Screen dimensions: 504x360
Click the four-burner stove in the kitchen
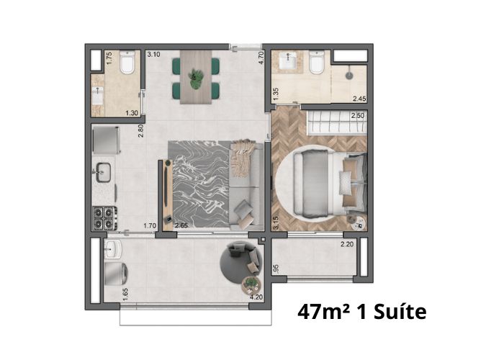click(104, 218)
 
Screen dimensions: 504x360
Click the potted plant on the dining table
click(196, 78)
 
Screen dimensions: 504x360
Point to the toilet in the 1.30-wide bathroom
click(127, 63)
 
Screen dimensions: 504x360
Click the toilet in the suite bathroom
click(317, 63)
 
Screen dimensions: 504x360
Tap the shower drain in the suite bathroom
click(349, 76)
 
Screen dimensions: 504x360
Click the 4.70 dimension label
click(261, 58)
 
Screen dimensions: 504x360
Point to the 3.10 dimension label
click(153, 54)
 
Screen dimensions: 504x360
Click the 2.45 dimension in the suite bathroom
click(359, 99)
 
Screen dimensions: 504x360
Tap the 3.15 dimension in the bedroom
click(276, 222)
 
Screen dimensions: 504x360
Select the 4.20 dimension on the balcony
click(256, 297)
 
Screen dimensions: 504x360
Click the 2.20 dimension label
click(347, 244)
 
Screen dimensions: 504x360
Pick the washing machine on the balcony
click(116, 274)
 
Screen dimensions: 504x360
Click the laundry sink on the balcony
click(113, 249)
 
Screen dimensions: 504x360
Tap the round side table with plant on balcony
click(251, 284)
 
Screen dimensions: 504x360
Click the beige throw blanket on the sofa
click(243, 158)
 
